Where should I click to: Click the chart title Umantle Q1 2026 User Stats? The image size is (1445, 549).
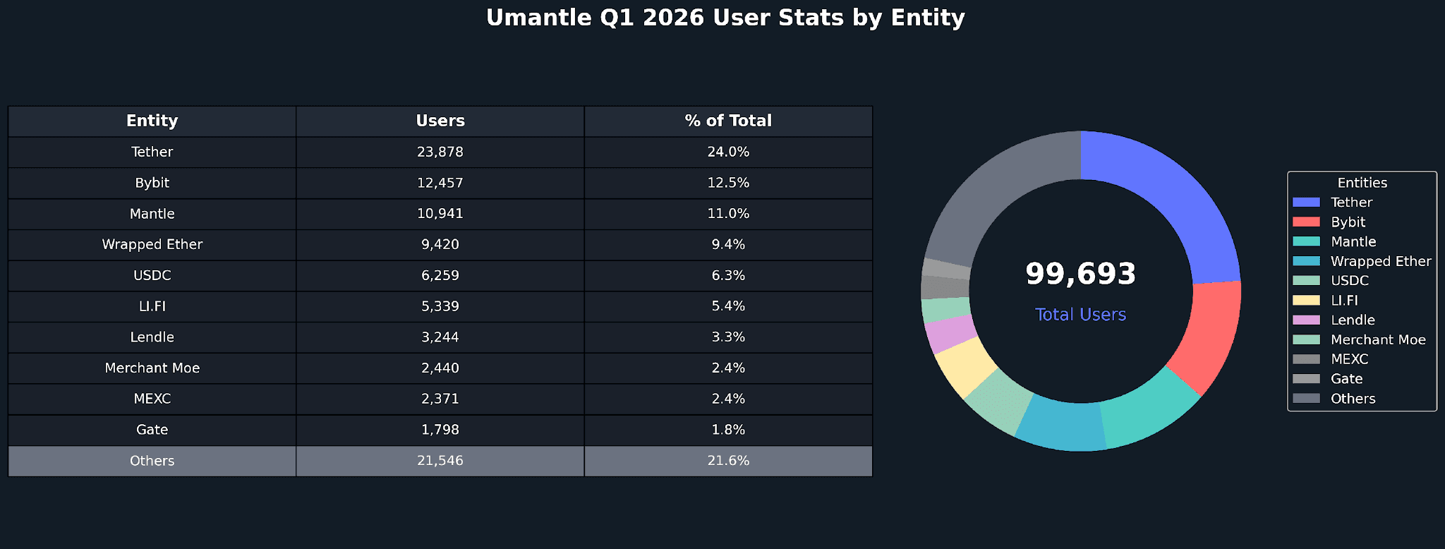(725, 18)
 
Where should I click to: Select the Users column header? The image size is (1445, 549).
(440, 121)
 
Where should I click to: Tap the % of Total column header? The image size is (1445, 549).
(728, 121)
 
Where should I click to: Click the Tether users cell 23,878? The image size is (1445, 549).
(440, 152)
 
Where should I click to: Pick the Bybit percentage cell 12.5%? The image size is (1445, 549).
(728, 183)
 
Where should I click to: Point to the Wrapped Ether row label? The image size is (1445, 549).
(152, 244)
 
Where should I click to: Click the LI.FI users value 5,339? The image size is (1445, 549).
(440, 306)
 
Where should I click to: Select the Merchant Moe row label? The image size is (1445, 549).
(152, 368)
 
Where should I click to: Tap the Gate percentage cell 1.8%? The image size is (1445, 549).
(728, 430)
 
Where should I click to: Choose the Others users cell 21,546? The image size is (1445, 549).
(440, 461)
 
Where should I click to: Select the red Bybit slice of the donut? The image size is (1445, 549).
(1210, 332)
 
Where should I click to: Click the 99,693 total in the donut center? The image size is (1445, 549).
(1080, 274)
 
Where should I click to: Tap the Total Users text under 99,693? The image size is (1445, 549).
(1080, 315)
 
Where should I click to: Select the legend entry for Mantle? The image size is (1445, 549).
(1353, 241)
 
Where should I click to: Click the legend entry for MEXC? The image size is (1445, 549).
(1349, 359)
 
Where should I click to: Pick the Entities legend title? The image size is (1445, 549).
(1362, 183)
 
